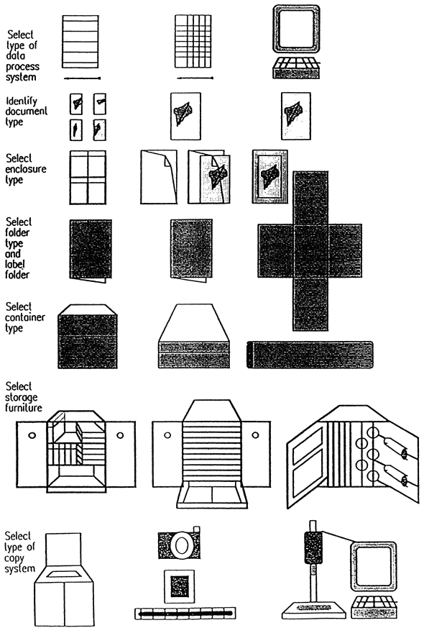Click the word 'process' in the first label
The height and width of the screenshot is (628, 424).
click(x=22, y=67)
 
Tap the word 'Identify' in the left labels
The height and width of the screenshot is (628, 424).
click(x=22, y=101)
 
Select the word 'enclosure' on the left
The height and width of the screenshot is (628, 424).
click(x=26, y=169)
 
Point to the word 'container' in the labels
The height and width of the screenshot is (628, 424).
click(x=25, y=317)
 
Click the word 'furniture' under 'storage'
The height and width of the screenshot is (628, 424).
click(x=24, y=408)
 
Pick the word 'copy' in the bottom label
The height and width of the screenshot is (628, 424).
click(x=14, y=558)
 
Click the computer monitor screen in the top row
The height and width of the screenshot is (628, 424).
click(x=296, y=29)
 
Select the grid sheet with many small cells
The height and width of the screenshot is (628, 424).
click(x=193, y=41)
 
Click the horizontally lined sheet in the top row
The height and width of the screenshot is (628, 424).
click(x=80, y=42)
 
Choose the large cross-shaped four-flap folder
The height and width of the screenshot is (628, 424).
click(x=310, y=251)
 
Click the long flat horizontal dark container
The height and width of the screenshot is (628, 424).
click(x=310, y=355)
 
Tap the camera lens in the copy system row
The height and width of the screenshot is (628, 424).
click(x=182, y=545)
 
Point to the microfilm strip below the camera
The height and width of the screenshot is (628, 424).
click(x=185, y=613)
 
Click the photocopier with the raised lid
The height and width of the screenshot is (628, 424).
click(x=64, y=579)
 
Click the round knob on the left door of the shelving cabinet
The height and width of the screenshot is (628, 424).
click(x=32, y=435)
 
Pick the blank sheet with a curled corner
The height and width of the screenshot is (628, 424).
click(x=158, y=177)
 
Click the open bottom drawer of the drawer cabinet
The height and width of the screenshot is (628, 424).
click(x=212, y=496)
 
